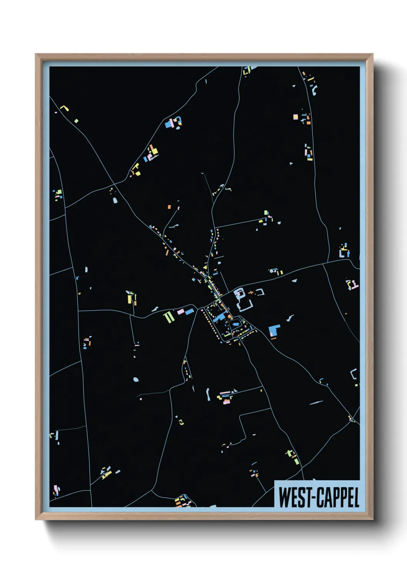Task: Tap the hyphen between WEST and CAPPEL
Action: tap(314, 498)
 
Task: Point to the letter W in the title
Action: tap(284, 497)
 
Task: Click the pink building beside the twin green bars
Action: tap(180, 312)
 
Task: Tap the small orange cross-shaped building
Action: tap(250, 293)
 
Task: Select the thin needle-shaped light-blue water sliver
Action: tap(316, 403)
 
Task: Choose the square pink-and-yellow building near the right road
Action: tap(295, 117)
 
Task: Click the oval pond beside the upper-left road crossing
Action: tap(115, 200)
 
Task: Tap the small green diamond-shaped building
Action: tap(76, 121)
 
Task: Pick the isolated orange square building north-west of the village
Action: tap(169, 207)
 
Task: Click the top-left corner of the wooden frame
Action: tap(36, 55)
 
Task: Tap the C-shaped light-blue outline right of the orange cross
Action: tap(261, 292)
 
